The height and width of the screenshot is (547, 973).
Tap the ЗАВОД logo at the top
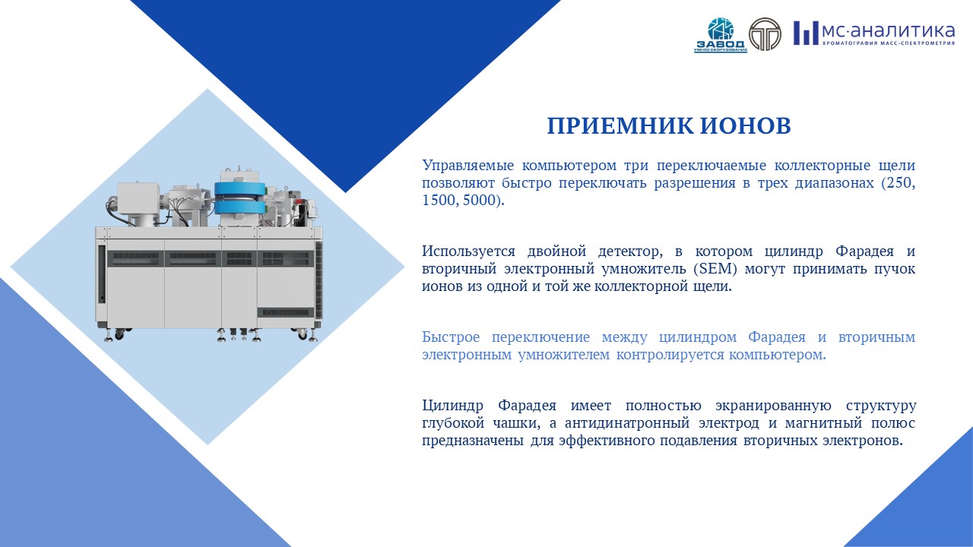point(721,35)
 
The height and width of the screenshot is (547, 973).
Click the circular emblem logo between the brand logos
point(765,34)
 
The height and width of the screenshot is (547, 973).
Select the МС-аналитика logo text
point(874,33)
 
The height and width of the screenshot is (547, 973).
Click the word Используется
point(469,251)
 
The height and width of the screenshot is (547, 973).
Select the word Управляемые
point(467,166)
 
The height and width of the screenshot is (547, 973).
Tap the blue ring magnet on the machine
point(239,198)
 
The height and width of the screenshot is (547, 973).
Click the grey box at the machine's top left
point(138,198)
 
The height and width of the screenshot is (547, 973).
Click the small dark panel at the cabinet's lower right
point(285,312)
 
